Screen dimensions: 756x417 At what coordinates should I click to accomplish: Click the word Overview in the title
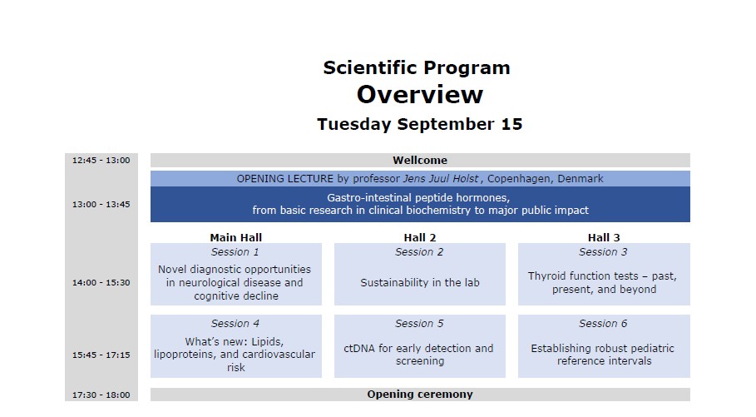pos(419,95)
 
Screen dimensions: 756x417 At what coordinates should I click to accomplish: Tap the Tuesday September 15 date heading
pos(419,124)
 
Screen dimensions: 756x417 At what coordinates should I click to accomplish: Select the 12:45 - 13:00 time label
pos(101,161)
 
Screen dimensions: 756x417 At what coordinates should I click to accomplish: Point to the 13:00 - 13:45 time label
pos(101,204)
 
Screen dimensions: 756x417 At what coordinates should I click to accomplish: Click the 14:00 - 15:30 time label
pos(101,282)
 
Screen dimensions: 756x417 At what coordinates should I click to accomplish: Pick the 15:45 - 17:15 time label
pos(101,355)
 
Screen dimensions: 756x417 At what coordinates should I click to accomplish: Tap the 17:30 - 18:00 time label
pos(101,395)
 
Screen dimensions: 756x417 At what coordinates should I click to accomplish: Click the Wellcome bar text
pos(420,161)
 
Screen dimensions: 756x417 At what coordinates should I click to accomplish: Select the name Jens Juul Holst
pos(441,179)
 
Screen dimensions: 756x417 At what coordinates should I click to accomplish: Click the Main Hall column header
pos(235,237)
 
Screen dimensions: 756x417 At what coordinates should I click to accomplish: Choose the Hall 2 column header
pos(420,237)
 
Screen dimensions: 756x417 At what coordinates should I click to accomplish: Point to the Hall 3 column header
pos(604,237)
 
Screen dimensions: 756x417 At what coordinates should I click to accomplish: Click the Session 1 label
pos(235,252)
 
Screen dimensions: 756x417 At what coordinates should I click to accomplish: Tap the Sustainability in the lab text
pos(420,282)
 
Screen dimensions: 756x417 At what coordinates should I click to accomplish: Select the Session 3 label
pos(603,252)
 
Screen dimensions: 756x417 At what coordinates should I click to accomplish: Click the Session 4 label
pos(235,324)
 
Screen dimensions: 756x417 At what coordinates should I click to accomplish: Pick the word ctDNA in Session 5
pos(359,348)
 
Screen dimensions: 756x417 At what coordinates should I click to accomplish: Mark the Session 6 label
pos(603,324)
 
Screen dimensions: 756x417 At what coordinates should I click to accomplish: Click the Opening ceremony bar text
pos(420,395)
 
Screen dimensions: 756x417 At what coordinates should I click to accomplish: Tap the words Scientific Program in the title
pos(417,67)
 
